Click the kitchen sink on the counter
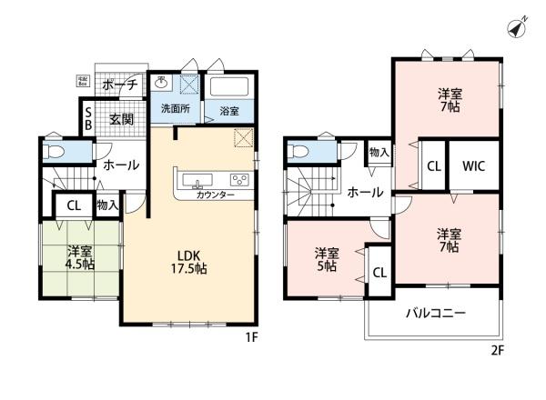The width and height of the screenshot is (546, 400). point(197,179)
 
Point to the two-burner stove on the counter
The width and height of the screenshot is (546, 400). point(239,179)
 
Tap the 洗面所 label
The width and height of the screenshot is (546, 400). point(176,109)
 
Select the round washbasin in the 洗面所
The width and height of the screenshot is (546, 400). point(162,84)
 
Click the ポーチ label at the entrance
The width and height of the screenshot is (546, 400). point(120,85)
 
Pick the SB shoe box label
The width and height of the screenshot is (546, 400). point(88,119)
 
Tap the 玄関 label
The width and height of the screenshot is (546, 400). point(121,119)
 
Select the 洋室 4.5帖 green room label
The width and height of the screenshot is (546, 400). point(80,258)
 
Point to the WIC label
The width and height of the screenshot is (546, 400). point(473,166)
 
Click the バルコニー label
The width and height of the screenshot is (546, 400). point(435,314)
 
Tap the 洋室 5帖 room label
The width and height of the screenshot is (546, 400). point(327,259)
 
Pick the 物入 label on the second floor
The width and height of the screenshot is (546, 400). point(379,152)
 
